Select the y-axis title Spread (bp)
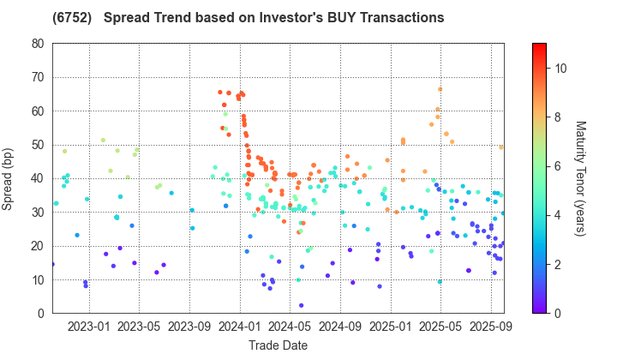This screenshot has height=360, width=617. click(x=12, y=178)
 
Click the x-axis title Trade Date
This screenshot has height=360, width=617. click(x=278, y=345)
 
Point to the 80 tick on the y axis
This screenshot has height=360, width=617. click(x=39, y=44)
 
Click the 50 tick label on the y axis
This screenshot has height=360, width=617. click(x=39, y=145)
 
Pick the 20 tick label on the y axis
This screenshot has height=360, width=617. click(x=39, y=246)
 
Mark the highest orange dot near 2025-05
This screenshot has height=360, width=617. click(x=440, y=89)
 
